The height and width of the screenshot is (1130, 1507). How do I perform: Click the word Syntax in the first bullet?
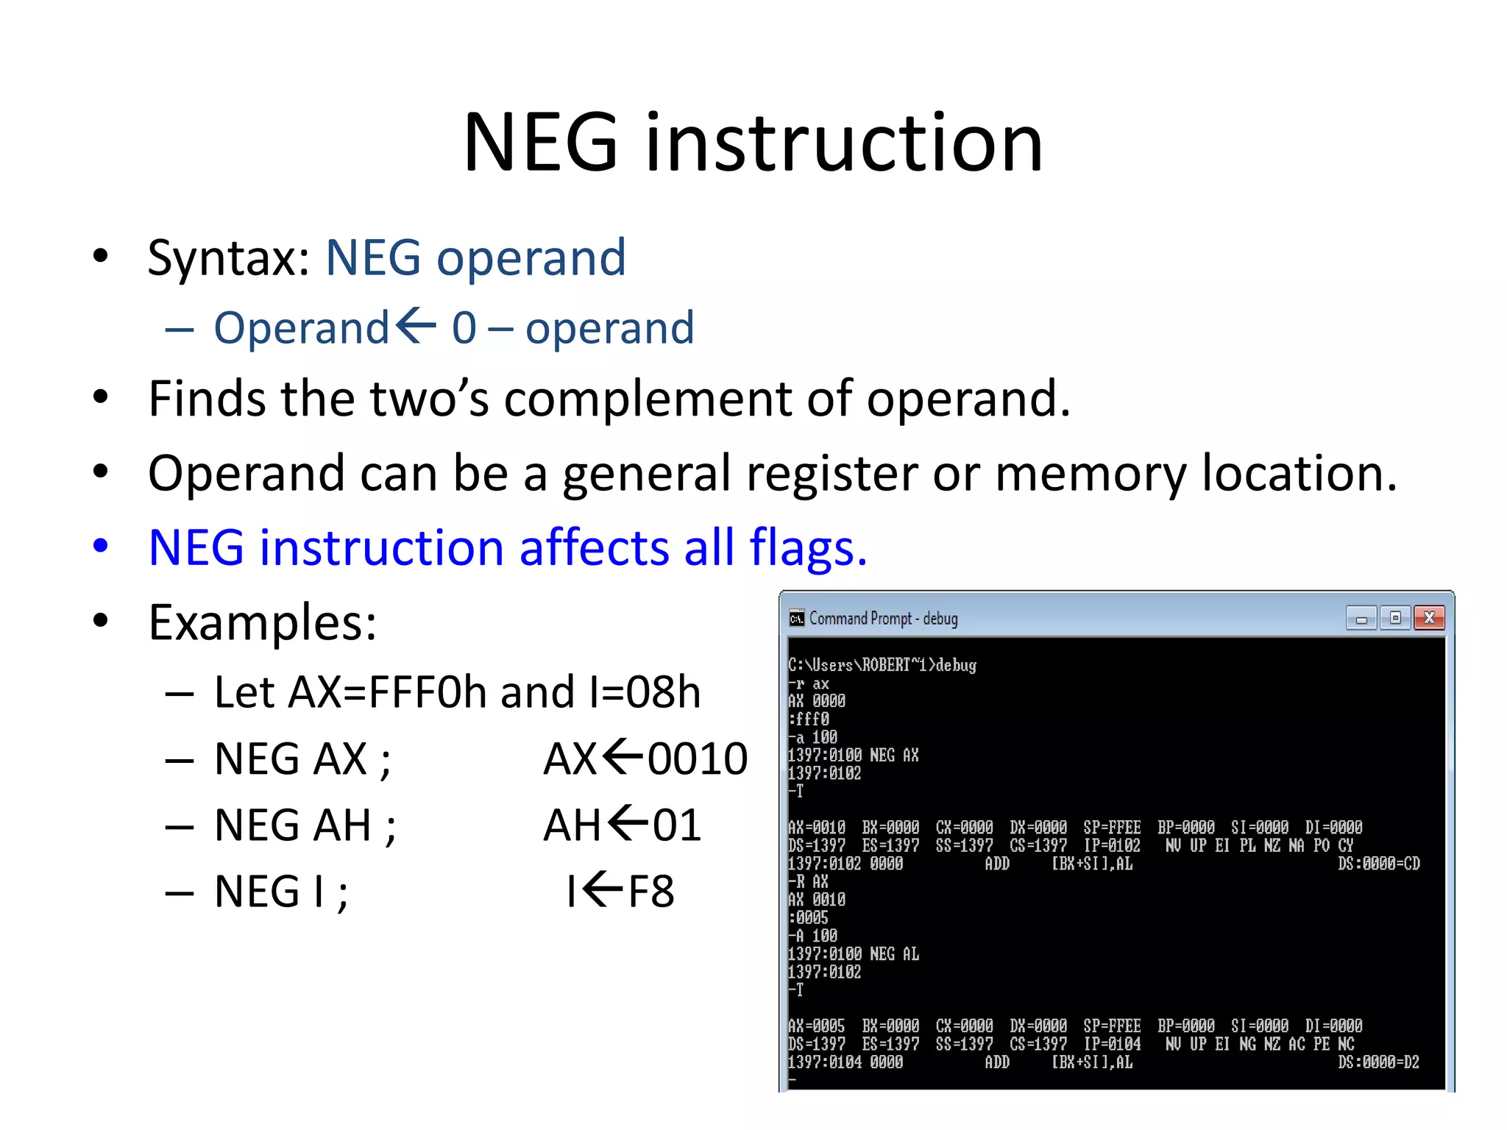coord(228,258)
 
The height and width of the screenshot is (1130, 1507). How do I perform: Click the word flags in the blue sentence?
coord(807,548)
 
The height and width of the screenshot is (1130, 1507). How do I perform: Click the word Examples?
coord(263,622)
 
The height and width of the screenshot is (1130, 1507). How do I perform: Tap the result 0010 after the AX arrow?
coord(697,758)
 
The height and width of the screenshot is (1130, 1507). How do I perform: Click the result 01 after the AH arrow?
coord(676,825)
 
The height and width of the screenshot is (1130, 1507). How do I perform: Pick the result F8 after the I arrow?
coord(650,892)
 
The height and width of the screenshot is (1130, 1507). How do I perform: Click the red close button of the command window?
coord(1428,618)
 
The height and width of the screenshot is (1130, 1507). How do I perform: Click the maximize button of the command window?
coord(1394,618)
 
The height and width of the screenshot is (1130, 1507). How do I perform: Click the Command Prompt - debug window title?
coord(883,619)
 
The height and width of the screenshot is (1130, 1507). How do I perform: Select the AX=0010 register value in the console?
coord(816,828)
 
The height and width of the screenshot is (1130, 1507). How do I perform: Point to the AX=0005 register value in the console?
coord(816,1026)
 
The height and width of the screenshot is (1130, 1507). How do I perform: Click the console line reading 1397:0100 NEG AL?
coord(853,954)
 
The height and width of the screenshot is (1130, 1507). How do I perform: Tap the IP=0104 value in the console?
coord(1111,1045)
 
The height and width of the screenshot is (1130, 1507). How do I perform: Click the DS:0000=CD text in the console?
coord(1378,864)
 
